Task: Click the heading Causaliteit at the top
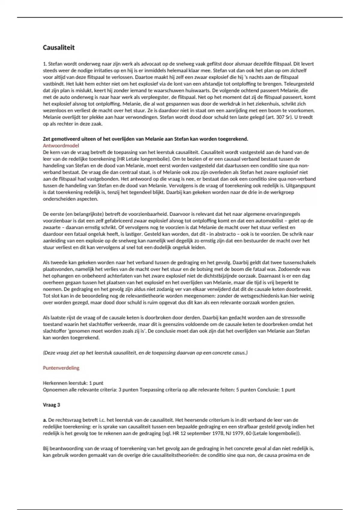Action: tap(58, 47)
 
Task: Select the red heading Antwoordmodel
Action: tap(61, 145)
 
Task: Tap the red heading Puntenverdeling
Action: tap(61, 368)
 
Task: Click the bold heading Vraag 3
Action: tap(51, 405)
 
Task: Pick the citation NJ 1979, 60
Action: tap(248, 433)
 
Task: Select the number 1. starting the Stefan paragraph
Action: tap(45, 64)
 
